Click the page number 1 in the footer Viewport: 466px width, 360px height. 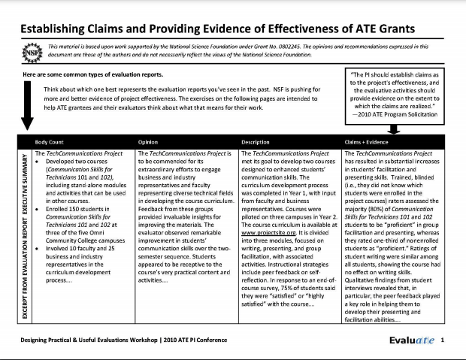pyautogui.click(x=443, y=340)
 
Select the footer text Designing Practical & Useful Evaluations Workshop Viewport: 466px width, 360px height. pyautogui.click(x=113, y=340)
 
